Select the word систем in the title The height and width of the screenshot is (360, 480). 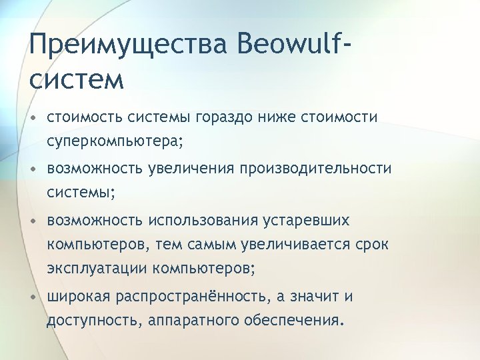[x=77, y=79]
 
